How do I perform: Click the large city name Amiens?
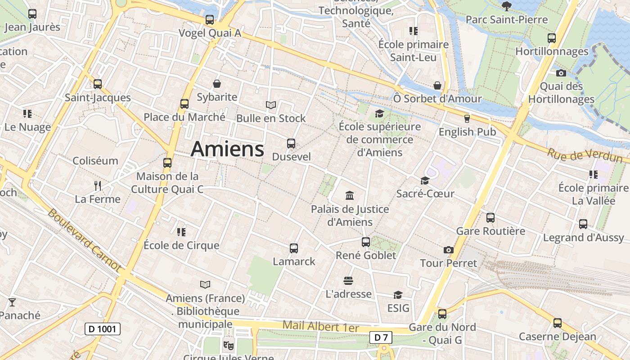tap(227, 149)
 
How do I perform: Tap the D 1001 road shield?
tap(103, 329)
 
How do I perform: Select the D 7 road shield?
tap(381, 337)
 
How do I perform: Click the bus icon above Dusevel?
tap(291, 144)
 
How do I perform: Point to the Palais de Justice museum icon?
tap(350, 195)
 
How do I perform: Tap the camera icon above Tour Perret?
tap(448, 250)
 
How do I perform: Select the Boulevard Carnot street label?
tap(84, 240)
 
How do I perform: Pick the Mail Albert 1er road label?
tap(321, 326)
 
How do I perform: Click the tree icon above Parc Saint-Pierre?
tap(507, 6)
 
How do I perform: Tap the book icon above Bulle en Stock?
tap(271, 105)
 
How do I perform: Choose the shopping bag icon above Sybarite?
tap(217, 84)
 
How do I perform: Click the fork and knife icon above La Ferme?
tap(98, 185)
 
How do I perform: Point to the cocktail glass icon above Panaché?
tap(12, 302)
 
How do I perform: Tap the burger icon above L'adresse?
tap(348, 281)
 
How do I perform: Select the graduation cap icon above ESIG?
tap(398, 295)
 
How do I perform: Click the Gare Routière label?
tap(490, 231)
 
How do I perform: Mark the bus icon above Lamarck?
tap(294, 248)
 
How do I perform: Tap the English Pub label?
tap(467, 132)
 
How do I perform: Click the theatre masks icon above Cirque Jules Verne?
tap(229, 345)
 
